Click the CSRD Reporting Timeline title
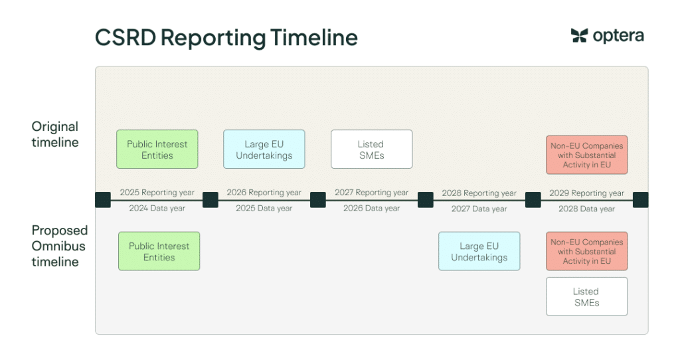pos(226,38)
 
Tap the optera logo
pos(607,36)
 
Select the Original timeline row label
pos(55,134)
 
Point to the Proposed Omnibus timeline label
pos(59,246)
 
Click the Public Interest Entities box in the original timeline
pos(157,149)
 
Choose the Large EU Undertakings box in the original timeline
pos(264,149)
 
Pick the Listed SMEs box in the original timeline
pos(372,149)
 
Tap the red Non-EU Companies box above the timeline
pos(587,155)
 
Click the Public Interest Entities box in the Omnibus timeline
pos(159,251)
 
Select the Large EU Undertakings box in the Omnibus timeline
pos(479,251)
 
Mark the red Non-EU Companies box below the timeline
pos(587,251)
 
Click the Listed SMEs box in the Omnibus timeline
pos(587,297)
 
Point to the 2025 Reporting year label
pos(157,192)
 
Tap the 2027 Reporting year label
pos(372,192)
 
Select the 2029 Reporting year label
pos(587,193)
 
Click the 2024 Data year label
pos(157,208)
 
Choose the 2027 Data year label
pos(479,209)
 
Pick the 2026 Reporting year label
pos(264,192)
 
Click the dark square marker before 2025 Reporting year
pos(103,200)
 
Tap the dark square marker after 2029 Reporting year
pos(641,200)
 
